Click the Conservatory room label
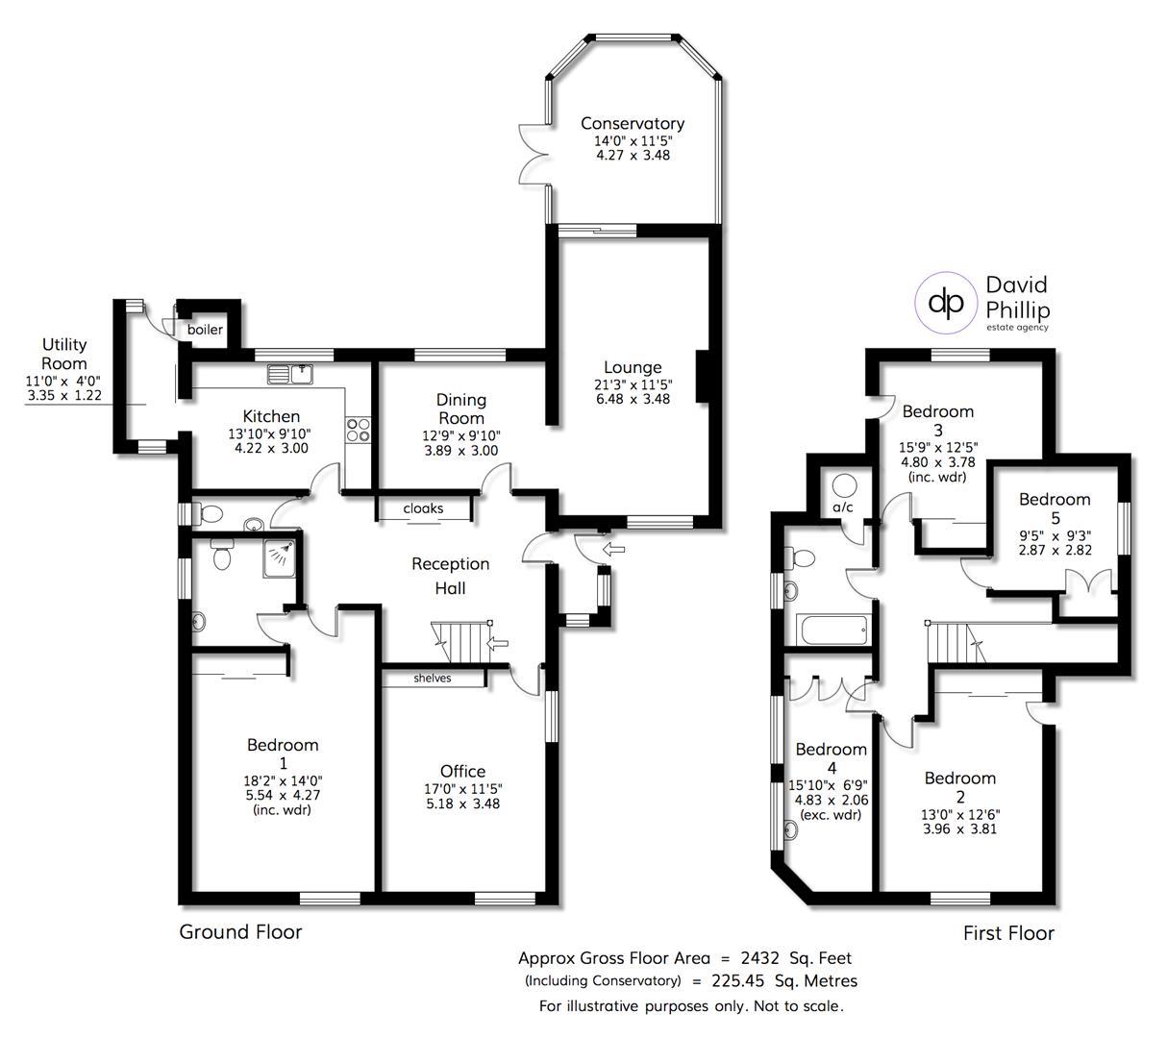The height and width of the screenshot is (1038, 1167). [x=633, y=123]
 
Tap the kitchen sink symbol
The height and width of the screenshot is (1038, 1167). [x=290, y=374]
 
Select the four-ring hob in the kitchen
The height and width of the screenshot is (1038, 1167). [x=358, y=431]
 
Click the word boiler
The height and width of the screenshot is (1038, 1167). [x=205, y=330]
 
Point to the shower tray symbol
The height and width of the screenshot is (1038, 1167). [x=280, y=558]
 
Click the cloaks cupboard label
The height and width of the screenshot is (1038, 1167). [x=423, y=508]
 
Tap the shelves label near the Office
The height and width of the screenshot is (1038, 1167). [x=432, y=678]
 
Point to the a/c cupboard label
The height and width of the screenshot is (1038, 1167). [x=843, y=507]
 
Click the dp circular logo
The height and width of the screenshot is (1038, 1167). [x=946, y=303]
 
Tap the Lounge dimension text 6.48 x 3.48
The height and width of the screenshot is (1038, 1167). [x=633, y=399]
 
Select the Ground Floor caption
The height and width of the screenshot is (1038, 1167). [x=240, y=931]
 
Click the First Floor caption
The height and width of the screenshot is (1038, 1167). [x=1008, y=932]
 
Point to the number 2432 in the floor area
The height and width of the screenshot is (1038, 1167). [x=759, y=958]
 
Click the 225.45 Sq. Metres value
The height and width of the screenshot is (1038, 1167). [x=784, y=980]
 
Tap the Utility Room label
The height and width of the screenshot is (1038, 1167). [x=64, y=354]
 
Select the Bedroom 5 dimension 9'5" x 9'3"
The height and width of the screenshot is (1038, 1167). [x=1055, y=536]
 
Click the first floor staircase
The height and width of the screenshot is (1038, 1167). [x=956, y=642]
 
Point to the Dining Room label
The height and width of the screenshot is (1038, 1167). [x=460, y=409]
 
